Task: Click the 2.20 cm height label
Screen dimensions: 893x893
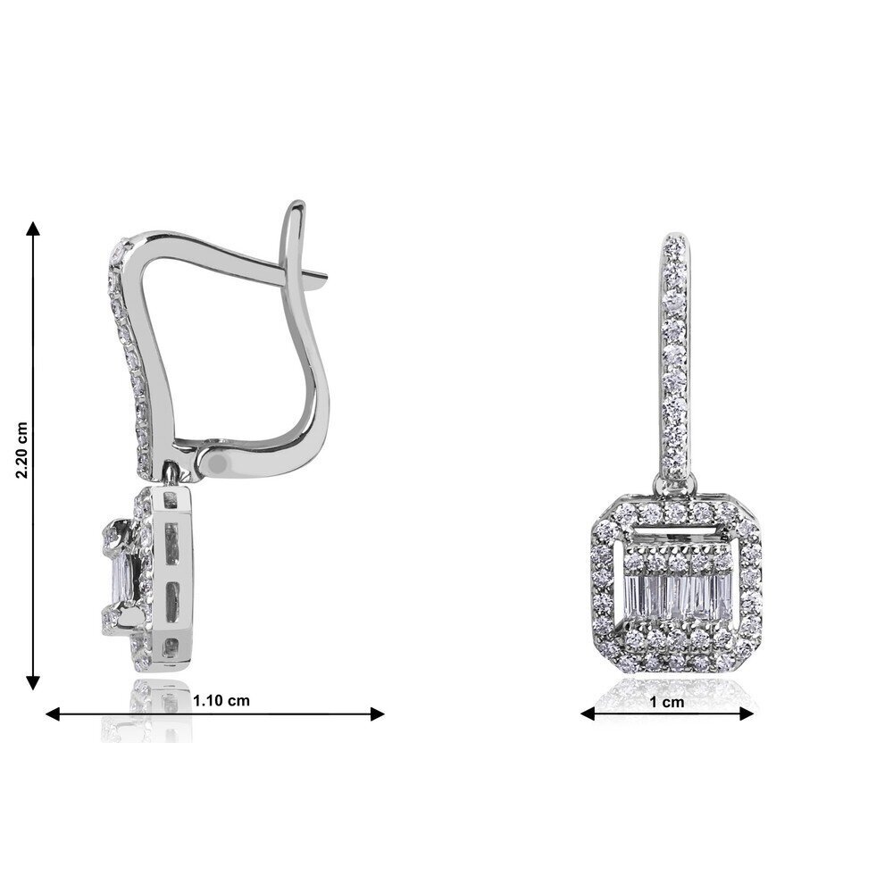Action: [x=21, y=450]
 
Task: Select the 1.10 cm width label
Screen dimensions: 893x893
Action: [x=221, y=700]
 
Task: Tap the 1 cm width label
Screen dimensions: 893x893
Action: [x=667, y=702]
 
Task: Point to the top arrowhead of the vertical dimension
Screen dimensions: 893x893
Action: [x=34, y=229]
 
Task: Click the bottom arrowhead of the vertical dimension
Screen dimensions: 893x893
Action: [x=34, y=681]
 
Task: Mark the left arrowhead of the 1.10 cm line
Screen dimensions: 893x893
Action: [x=53, y=714]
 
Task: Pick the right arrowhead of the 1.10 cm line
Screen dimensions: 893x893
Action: [x=377, y=714]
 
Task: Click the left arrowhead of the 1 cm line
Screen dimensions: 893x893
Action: [x=588, y=714]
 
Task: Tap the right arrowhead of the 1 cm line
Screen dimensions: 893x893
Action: [x=747, y=714]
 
